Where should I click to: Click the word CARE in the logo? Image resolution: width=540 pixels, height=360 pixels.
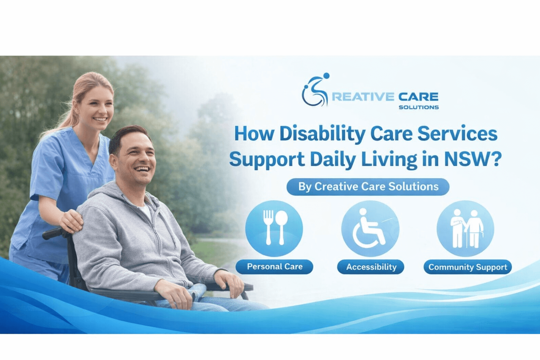point(418,97)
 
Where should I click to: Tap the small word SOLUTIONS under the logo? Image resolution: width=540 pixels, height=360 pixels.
point(419,107)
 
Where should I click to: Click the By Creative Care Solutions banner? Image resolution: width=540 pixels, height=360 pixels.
point(368,187)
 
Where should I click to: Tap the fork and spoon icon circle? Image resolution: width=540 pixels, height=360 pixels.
point(274,228)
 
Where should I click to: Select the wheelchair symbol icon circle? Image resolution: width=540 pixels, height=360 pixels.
point(370,228)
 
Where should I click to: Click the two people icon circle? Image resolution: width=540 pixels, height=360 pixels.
point(465,228)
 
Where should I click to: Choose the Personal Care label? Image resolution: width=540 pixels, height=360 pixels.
point(274,267)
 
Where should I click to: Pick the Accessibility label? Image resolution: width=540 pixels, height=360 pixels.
point(371,267)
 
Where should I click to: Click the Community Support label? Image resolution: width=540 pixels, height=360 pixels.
point(468,267)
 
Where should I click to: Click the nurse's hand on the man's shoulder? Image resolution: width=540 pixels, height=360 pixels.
point(72,220)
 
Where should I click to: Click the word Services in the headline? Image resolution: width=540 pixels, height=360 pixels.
point(457,134)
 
